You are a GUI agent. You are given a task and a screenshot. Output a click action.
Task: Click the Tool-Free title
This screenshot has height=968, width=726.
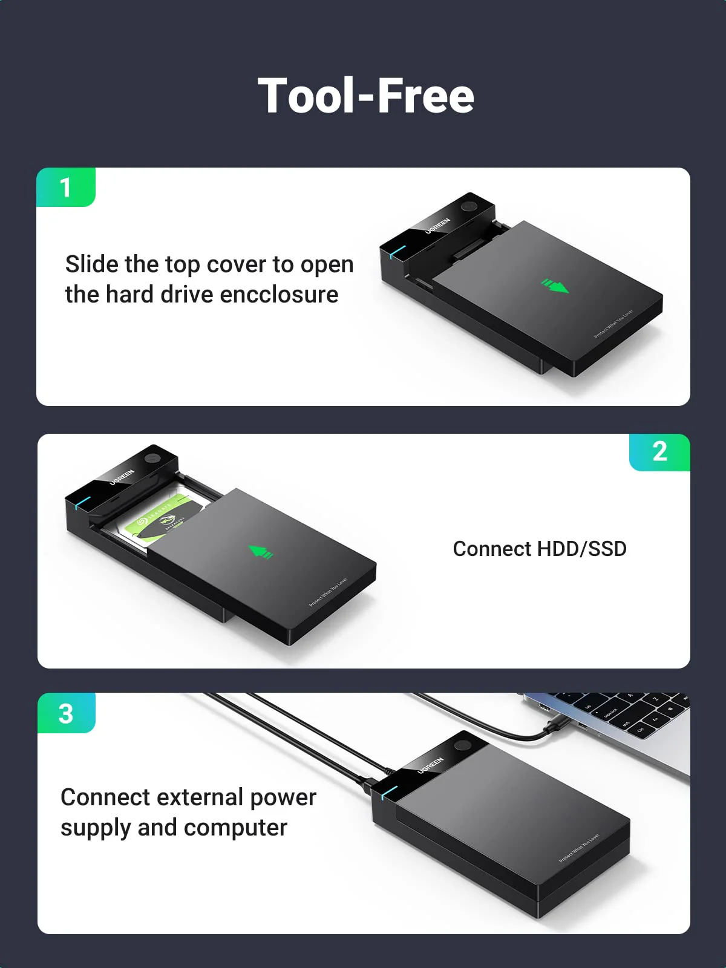pos(365,96)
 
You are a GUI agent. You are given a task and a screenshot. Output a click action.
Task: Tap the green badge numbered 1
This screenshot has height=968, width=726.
pos(66,188)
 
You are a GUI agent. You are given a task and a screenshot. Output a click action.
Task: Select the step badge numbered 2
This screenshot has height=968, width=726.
pos(659,452)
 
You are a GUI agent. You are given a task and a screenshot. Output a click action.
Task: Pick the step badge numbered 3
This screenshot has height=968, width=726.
pos(66,713)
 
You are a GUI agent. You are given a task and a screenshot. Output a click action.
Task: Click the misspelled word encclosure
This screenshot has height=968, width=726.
pos(279,295)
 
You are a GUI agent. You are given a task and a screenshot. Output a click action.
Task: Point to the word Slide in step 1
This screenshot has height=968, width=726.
pos(91,264)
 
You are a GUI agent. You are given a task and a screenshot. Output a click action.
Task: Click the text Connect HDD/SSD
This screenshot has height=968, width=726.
pos(539,549)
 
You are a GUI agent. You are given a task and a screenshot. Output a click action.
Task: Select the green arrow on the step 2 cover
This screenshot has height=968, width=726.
pos(261,552)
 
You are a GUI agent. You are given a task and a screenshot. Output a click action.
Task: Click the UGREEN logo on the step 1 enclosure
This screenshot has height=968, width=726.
pos(437,226)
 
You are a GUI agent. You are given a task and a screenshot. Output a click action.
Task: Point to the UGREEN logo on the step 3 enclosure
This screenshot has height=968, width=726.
pos(430,765)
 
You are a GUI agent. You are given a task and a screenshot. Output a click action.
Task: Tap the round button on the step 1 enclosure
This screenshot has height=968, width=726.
pos(469,206)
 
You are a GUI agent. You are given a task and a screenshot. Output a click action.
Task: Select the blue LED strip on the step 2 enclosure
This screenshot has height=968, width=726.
pos(83,502)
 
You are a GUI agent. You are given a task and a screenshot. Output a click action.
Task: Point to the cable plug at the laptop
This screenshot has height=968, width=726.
pos(554,727)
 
